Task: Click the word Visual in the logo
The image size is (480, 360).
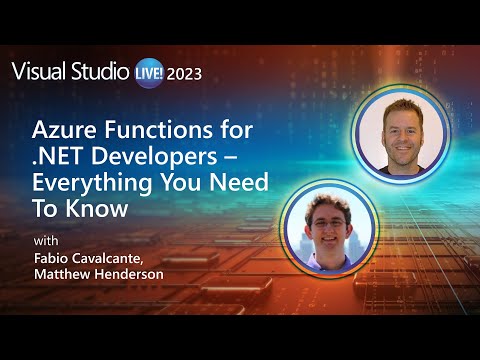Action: (38, 72)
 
